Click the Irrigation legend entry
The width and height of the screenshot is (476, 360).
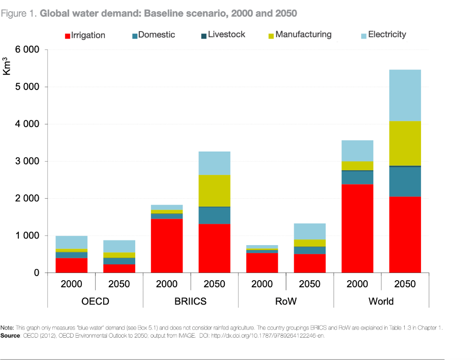(x=85, y=35)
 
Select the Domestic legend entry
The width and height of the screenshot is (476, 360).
(x=154, y=35)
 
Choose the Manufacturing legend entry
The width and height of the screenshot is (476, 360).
(x=300, y=35)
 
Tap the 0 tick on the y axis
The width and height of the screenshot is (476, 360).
(x=36, y=273)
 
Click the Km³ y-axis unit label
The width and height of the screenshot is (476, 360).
(x=7, y=66)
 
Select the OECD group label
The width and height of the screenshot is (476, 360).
(x=95, y=301)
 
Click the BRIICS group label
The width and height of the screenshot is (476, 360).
(x=190, y=301)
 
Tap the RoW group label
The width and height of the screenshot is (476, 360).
(x=286, y=301)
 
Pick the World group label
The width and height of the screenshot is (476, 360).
(x=381, y=301)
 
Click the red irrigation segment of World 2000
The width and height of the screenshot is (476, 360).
(x=358, y=229)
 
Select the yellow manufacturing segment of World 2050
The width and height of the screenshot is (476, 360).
(x=405, y=143)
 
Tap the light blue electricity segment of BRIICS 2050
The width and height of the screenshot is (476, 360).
(x=214, y=163)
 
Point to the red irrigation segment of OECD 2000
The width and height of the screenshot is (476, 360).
(x=72, y=265)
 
